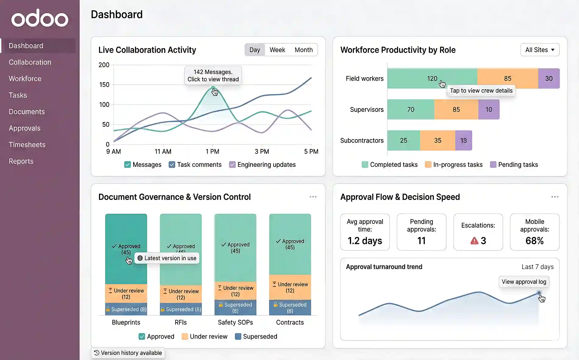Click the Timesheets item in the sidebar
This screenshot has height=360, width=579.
click(x=27, y=145)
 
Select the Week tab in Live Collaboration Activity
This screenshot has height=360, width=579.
click(x=277, y=50)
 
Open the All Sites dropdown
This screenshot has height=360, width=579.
click(x=540, y=50)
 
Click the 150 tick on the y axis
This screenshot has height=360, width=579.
click(x=104, y=85)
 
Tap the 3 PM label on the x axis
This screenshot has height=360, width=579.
click(x=262, y=151)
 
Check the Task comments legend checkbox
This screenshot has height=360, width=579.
click(x=172, y=165)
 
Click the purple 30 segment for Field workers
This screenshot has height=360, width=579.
click(x=549, y=79)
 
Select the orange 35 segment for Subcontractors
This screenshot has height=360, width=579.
click(x=437, y=141)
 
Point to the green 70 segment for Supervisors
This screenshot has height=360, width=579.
click(x=410, y=109)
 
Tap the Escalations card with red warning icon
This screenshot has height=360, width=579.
click(x=478, y=232)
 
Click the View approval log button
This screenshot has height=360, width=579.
click(x=524, y=282)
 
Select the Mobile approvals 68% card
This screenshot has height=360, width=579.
click(x=535, y=232)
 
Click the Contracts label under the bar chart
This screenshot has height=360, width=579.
click(x=290, y=323)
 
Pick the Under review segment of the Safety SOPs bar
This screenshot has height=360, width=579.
click(x=235, y=291)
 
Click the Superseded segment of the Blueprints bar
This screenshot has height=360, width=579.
click(x=126, y=309)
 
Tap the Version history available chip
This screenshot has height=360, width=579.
click(x=128, y=353)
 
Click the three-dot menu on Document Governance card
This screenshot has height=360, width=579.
click(x=313, y=197)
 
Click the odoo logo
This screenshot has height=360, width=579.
click(x=40, y=18)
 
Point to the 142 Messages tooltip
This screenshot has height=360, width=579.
click(x=213, y=75)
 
